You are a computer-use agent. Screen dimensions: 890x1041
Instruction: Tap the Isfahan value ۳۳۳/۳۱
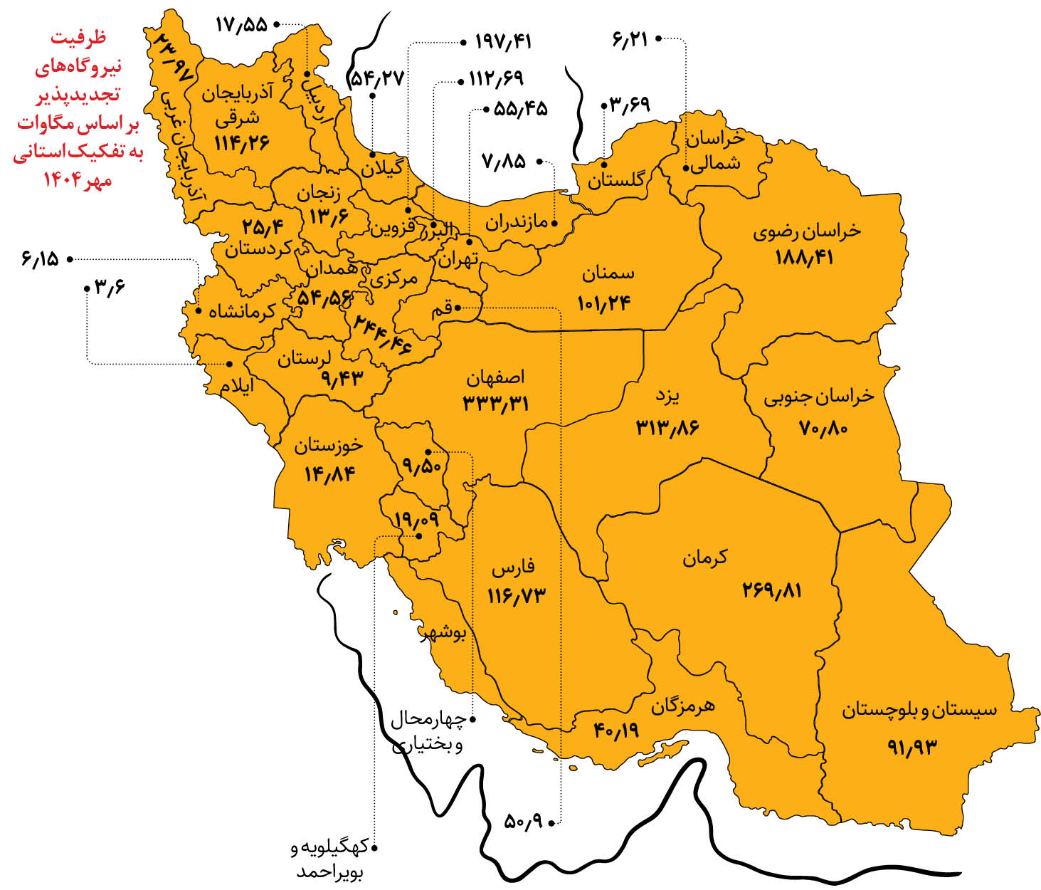tap(496, 404)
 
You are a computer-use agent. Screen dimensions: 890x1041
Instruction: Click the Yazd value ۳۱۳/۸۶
tap(667, 426)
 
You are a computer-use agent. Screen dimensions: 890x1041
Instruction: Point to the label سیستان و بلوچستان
tap(919, 710)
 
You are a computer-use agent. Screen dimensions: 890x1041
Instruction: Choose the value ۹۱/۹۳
tap(912, 747)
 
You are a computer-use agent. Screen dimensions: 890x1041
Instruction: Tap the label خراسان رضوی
tap(807, 231)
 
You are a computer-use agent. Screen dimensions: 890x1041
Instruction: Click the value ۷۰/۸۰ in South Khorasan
tap(824, 428)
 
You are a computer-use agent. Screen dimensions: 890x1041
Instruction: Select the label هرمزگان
tap(683, 706)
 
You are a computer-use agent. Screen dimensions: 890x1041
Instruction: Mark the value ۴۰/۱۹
tap(617, 730)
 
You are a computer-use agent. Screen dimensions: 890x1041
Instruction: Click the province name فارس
tap(513, 569)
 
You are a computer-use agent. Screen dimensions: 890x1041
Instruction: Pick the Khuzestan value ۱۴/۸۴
tap(329, 473)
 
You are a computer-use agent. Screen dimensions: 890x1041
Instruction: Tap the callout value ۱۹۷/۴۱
tap(503, 42)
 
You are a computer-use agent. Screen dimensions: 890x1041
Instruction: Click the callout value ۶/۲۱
tap(630, 39)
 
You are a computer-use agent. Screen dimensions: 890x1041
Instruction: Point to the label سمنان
tap(608, 273)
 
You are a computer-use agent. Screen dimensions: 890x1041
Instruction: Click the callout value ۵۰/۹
tap(523, 822)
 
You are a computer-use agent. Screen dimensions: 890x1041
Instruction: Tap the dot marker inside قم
tap(459, 308)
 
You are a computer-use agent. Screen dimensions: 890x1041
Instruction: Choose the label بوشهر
tap(443, 633)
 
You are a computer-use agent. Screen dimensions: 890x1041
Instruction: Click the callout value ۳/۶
tap(110, 288)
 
